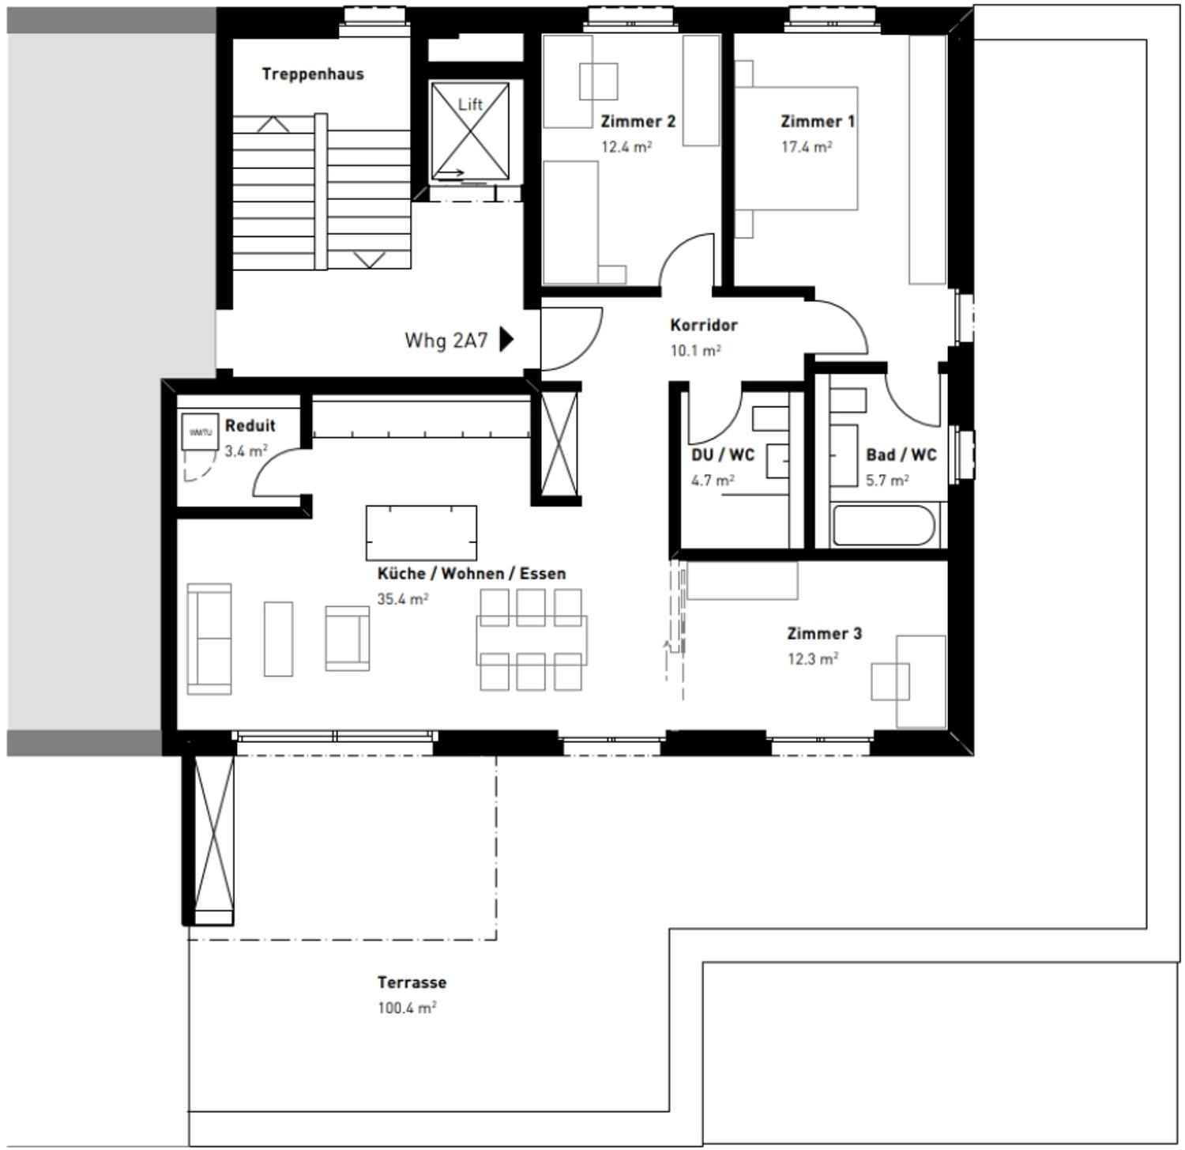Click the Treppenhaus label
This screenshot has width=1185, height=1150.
[x=313, y=74]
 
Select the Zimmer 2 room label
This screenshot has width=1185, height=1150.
[x=638, y=122]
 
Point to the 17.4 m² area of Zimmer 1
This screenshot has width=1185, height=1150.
[x=807, y=147]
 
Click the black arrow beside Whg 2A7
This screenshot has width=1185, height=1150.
[x=506, y=340]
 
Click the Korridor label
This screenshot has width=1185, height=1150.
[x=703, y=325]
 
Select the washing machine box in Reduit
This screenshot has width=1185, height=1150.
[x=199, y=432]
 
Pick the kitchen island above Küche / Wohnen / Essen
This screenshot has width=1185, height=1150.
[x=421, y=533]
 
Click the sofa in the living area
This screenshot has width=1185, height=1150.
[x=209, y=639]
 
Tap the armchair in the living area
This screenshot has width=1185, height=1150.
[x=348, y=639]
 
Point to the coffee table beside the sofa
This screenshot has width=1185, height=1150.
[x=278, y=639]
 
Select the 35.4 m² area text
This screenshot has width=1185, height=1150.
[x=402, y=599]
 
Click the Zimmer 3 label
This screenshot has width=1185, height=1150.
[x=824, y=634]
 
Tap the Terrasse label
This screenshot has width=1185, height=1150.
[x=412, y=982]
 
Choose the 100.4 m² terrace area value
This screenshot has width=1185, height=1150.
[x=407, y=1009]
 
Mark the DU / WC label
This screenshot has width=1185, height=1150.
[x=722, y=455]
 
